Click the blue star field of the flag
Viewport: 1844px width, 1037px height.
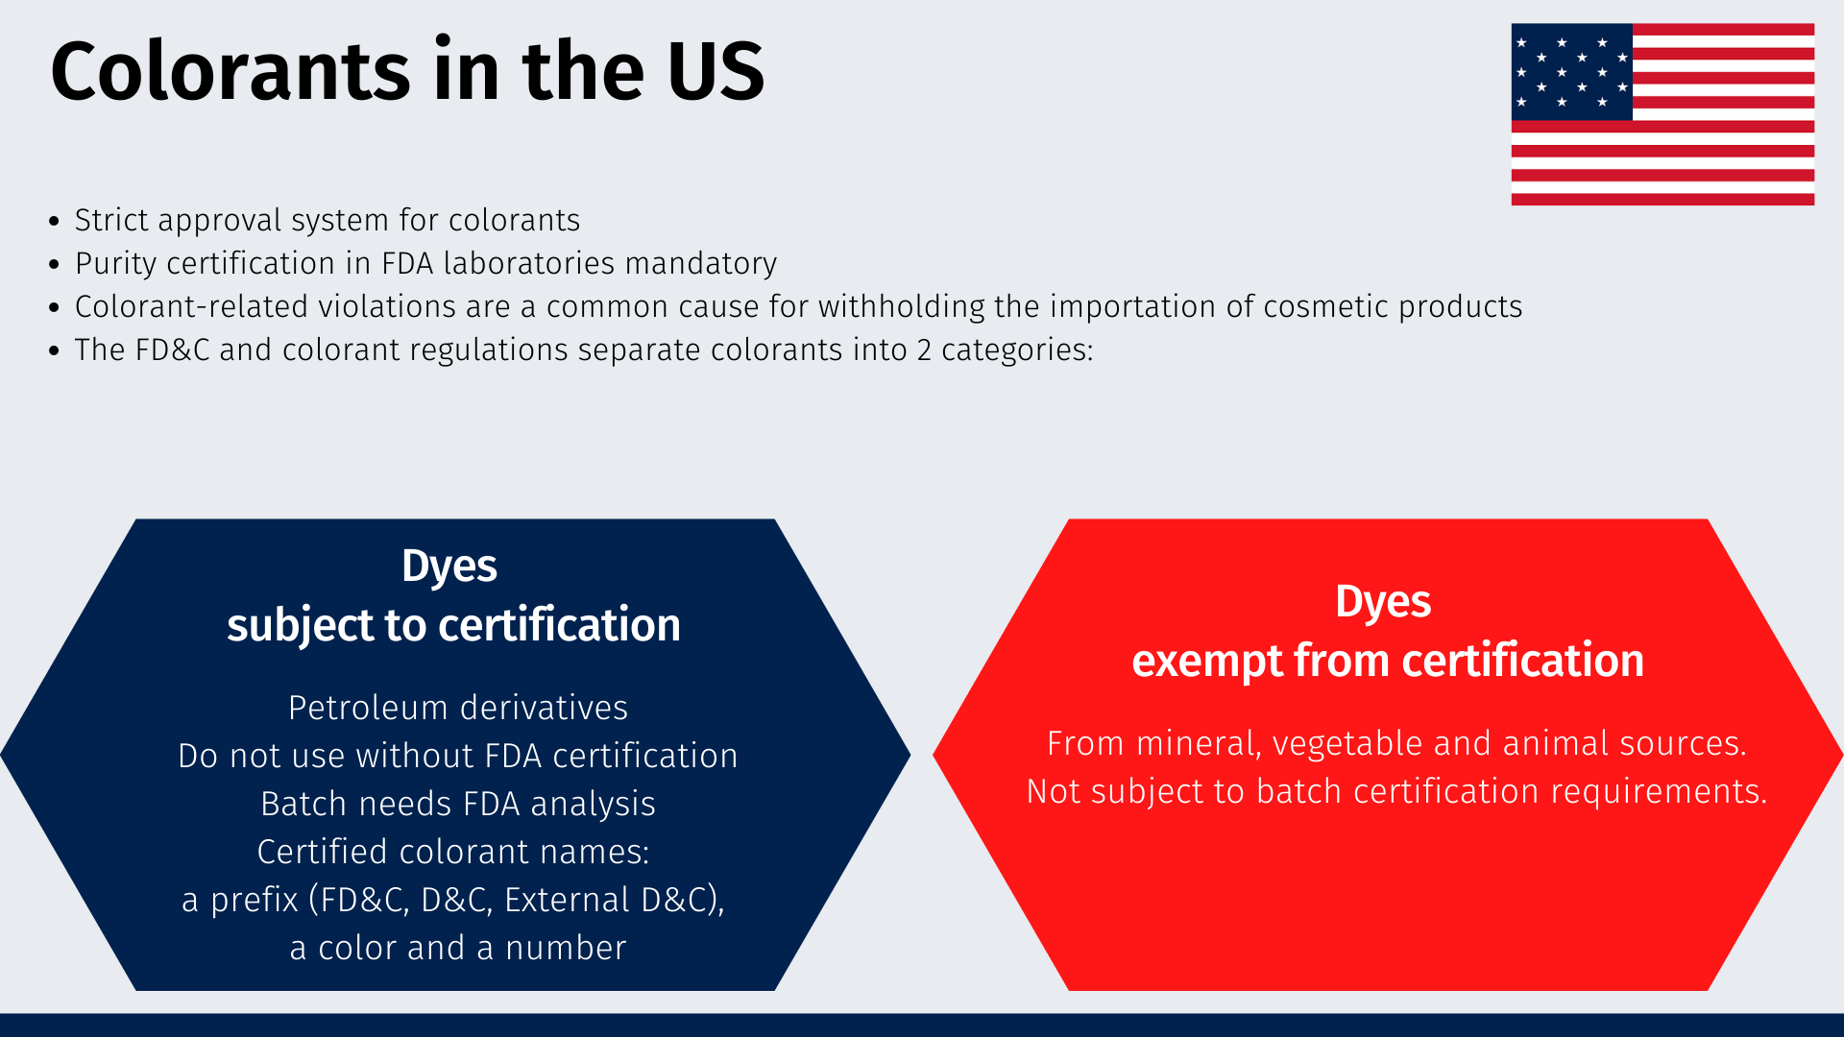pos(1571,72)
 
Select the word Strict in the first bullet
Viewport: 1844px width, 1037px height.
pos(111,220)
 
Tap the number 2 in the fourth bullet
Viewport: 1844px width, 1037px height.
pos(924,350)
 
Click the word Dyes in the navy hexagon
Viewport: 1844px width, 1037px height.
pos(449,566)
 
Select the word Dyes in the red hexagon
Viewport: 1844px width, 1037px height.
pos(1383,601)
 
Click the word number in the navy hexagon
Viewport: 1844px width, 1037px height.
pos(566,948)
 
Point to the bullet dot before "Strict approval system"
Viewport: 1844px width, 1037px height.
pos(54,222)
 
